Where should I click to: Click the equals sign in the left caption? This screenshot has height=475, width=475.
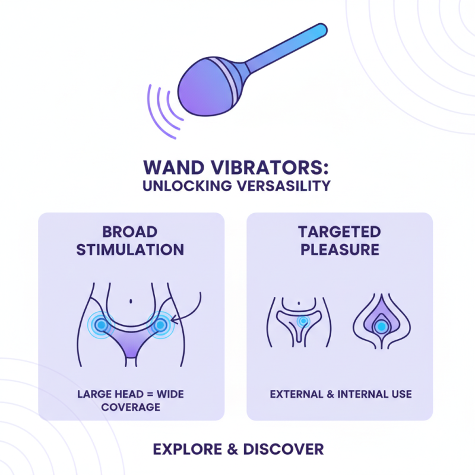pyautogui.click(x=151, y=394)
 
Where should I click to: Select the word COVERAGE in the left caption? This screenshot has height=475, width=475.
pyautogui.click(x=131, y=407)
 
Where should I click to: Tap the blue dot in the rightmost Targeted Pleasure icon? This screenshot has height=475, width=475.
pyautogui.click(x=381, y=325)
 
